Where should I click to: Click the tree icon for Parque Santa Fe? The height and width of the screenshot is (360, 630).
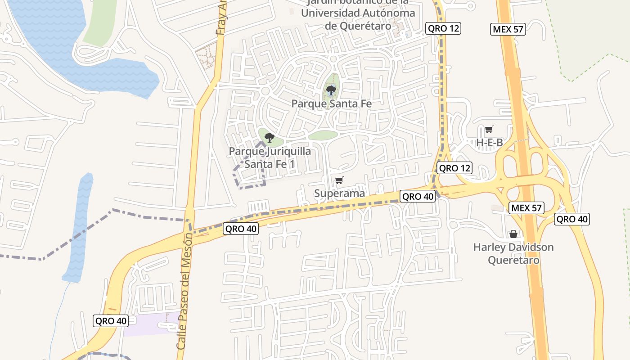coord(331,90)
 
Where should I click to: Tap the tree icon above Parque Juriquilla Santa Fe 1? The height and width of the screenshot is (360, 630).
coord(270,137)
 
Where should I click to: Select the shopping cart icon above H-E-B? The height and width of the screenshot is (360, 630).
coord(489,130)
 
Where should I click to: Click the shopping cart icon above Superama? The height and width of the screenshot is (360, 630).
coord(339,180)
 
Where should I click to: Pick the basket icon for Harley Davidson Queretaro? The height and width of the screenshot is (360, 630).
coord(513,234)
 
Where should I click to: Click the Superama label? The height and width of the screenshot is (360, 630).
coord(339,193)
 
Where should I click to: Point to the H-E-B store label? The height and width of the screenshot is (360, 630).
coord(489,143)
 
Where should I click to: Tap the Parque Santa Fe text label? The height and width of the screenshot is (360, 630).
coord(331,103)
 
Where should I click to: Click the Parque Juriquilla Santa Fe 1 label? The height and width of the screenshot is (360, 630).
coord(270,157)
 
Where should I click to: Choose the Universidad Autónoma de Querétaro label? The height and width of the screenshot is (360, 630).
coord(358,13)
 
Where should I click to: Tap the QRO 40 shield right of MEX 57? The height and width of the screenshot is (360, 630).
coord(571,219)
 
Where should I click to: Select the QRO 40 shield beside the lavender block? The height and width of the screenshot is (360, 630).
coord(111,321)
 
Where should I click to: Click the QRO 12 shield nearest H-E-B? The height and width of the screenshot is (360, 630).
coord(454,168)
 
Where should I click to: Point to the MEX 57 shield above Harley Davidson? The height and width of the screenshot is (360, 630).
coord(526,207)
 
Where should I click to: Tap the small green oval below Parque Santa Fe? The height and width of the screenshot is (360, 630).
coord(323,135)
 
